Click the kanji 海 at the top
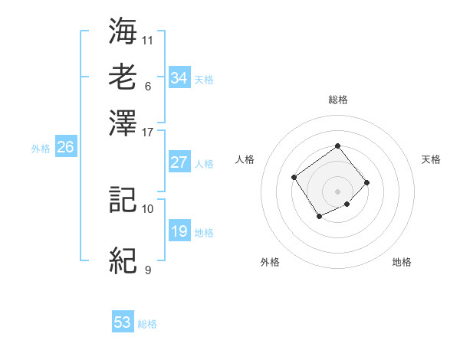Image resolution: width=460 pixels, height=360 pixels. tap(123, 31)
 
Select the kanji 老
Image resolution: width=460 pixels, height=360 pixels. tap(123, 77)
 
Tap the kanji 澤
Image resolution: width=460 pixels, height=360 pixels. tap(123, 121)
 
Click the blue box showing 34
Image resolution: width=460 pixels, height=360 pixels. tap(179, 78)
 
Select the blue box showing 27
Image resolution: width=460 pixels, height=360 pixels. tap(179, 162)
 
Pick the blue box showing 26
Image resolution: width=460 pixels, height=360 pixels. tap(65, 148)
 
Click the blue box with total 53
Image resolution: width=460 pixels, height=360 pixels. tap(123, 323)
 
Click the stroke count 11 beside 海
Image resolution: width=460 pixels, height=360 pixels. tap(148, 39)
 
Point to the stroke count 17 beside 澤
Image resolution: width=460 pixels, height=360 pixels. tap(148, 131)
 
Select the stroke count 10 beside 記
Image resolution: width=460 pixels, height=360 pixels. tap(148, 208)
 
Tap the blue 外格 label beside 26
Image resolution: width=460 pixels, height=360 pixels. tap(41, 149)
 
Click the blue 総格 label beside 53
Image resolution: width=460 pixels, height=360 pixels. tap(147, 324)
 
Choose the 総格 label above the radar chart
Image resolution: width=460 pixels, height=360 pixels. tap(337, 100)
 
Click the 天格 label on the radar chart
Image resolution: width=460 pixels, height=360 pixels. tap(431, 159)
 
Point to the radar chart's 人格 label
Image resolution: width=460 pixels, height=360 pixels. tap(245, 159)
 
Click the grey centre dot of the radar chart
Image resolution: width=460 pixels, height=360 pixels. tap(337, 191)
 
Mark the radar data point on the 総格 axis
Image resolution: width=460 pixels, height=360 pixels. tap(337, 146)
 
